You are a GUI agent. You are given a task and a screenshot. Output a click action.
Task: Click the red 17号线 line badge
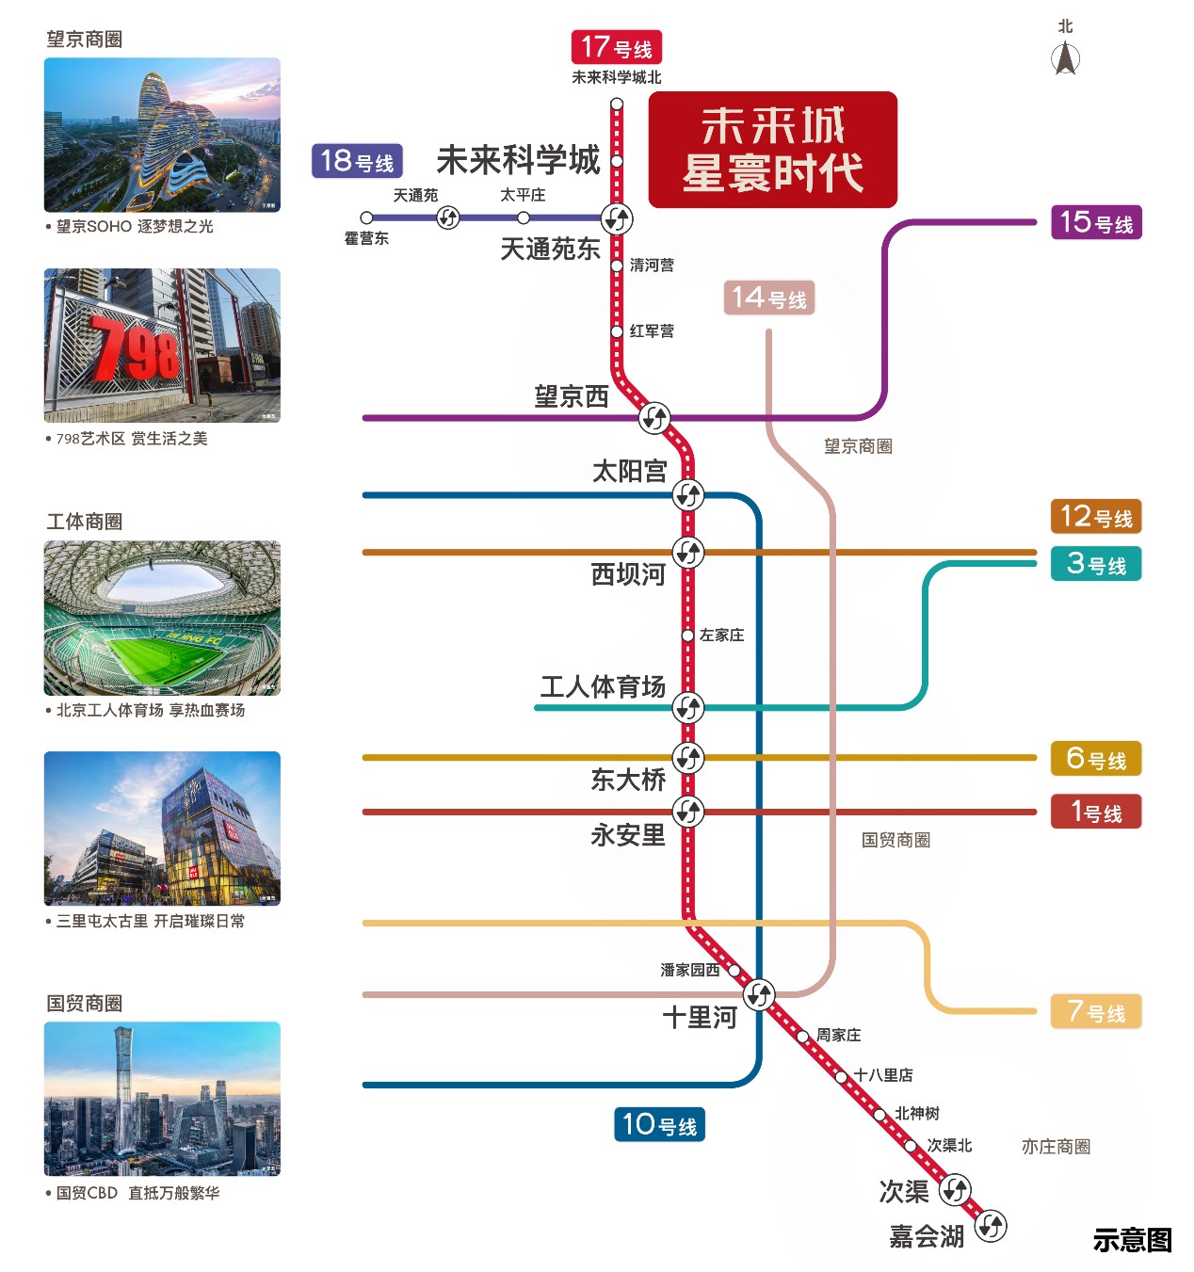click(x=616, y=47)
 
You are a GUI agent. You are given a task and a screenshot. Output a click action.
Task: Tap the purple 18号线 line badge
click(x=357, y=161)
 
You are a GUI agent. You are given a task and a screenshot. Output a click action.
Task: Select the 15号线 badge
click(x=1096, y=223)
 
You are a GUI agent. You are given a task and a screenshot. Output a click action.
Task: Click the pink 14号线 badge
click(x=769, y=298)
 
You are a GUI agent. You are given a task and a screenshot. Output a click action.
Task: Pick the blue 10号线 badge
click(x=659, y=1124)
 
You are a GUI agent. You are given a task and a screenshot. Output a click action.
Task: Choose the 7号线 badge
click(x=1096, y=1012)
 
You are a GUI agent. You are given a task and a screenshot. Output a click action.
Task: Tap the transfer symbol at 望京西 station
click(x=654, y=417)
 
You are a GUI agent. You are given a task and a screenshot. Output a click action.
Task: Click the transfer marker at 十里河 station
click(x=759, y=994)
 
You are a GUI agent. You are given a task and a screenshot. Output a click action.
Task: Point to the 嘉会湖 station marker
click(x=991, y=1226)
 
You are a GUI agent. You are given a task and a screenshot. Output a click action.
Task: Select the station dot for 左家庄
click(x=687, y=636)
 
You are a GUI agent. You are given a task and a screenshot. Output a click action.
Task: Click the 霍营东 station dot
click(x=367, y=218)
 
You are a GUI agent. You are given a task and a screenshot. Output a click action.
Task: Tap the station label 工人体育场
click(x=603, y=686)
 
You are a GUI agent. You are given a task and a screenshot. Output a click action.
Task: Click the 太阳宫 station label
click(x=629, y=471)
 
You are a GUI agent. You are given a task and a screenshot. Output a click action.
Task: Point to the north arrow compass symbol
click(x=1065, y=58)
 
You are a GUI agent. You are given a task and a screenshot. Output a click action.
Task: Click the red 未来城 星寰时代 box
click(x=772, y=150)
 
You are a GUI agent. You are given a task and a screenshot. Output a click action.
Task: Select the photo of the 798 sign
click(x=162, y=346)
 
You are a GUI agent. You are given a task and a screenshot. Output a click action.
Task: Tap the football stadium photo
click(x=162, y=618)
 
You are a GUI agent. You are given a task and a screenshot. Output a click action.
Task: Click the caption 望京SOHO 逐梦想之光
click(x=135, y=227)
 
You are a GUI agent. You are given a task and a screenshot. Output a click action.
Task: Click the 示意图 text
click(x=1132, y=1240)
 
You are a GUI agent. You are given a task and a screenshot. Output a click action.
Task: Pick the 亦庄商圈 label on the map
click(x=1056, y=1147)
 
